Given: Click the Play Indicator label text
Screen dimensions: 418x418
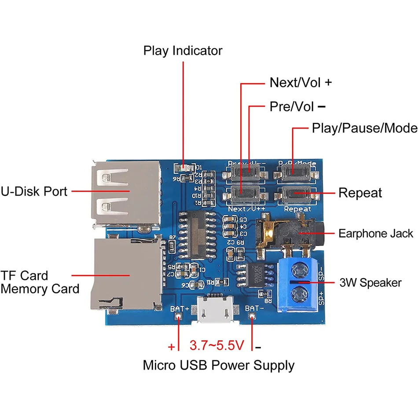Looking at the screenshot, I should click(x=183, y=51).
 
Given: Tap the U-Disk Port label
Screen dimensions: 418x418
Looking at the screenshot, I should click(x=34, y=191).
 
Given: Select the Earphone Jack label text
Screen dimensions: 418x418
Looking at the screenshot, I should click(x=376, y=233).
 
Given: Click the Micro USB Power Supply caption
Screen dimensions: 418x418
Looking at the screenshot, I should click(x=219, y=365).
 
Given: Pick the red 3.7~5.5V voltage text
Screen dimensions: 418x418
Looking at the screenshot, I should click(x=216, y=345).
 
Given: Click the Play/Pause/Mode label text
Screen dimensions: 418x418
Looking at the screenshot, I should click(x=364, y=128).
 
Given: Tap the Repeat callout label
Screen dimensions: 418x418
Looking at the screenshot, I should click(x=360, y=193).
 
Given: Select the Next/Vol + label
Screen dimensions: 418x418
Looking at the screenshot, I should click(x=301, y=82).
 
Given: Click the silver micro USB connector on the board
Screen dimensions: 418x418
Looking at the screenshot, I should click(x=215, y=310).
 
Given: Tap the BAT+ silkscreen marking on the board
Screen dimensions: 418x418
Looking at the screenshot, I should click(x=180, y=308).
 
